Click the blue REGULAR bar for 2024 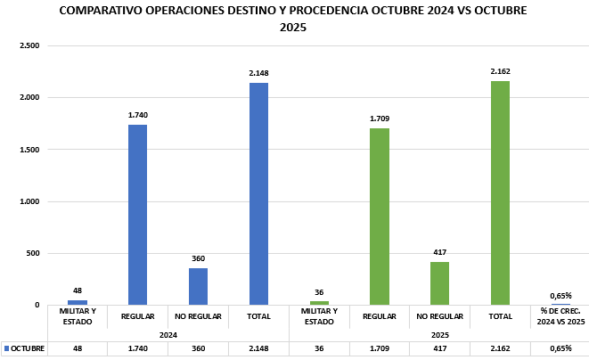(x=137, y=215)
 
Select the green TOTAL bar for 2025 (x=500, y=193)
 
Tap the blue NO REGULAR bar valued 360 (x=198, y=286)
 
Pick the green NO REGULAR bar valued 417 (x=439, y=283)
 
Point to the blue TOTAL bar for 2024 (x=258, y=194)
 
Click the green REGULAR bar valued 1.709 (x=380, y=217)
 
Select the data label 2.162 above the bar (x=500, y=71)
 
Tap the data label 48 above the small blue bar (x=78, y=290)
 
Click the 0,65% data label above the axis (x=560, y=295)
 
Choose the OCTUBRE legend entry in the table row (x=24, y=348)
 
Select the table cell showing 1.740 (x=137, y=348)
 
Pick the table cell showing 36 (x=319, y=348)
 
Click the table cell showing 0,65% (x=560, y=348)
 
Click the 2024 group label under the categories (x=168, y=334)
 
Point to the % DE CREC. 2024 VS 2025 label (x=560, y=315)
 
